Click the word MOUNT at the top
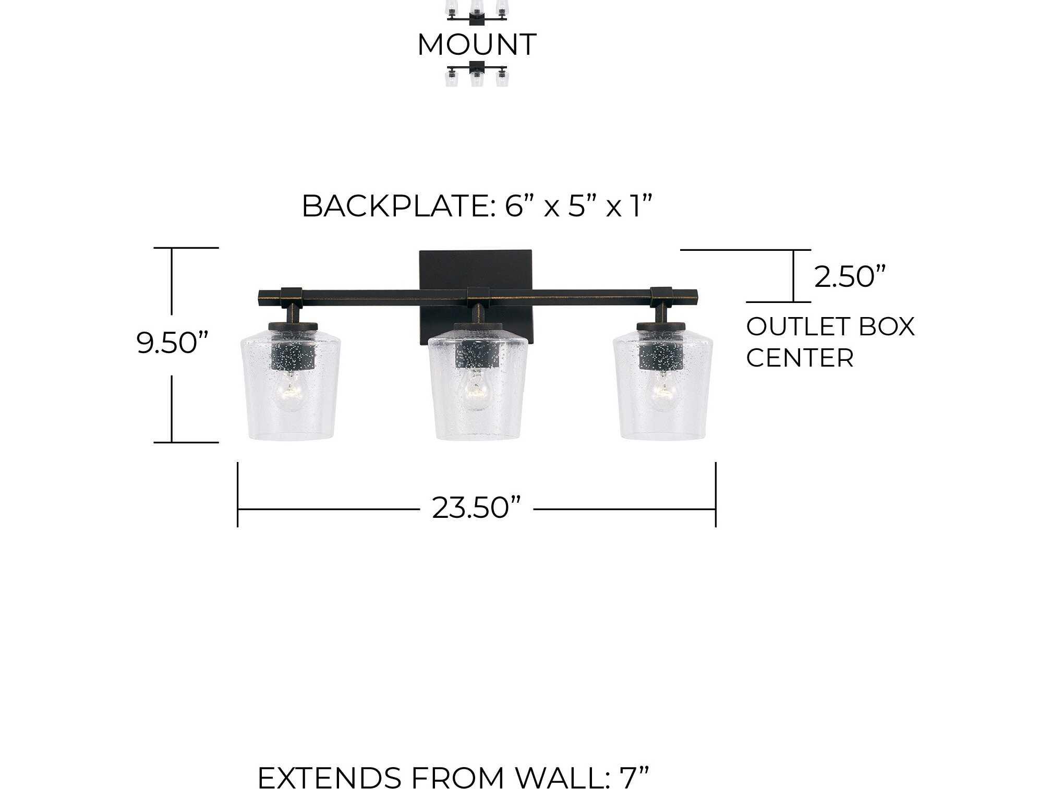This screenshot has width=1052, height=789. (x=477, y=44)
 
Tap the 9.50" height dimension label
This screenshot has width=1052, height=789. (x=172, y=343)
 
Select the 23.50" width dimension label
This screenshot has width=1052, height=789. (x=476, y=507)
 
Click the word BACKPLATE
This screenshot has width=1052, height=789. (x=395, y=206)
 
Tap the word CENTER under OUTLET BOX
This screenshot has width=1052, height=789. (x=800, y=358)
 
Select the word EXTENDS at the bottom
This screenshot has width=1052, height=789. (x=330, y=778)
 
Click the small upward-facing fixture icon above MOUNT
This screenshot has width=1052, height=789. (x=477, y=11)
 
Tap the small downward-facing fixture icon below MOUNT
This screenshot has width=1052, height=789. (x=477, y=75)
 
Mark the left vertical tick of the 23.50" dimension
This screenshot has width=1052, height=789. (x=238, y=494)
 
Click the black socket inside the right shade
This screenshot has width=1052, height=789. (x=661, y=356)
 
